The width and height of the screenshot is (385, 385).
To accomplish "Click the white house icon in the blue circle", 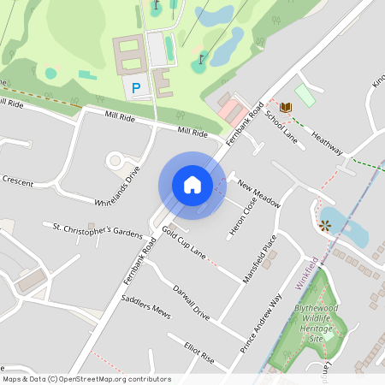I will [192, 184].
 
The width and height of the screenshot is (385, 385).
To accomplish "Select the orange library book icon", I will [286, 106].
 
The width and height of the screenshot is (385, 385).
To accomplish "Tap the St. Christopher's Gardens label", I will [97, 231].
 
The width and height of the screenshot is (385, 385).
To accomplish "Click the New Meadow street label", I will [259, 194].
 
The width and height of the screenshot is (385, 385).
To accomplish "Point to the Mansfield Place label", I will [259, 259].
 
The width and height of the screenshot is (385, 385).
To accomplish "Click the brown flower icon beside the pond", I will [324, 226].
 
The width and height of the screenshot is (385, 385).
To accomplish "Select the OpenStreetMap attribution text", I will [86, 379].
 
